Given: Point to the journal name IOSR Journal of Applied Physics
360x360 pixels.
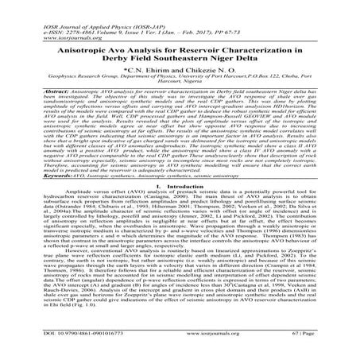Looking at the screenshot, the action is point(71,5).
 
